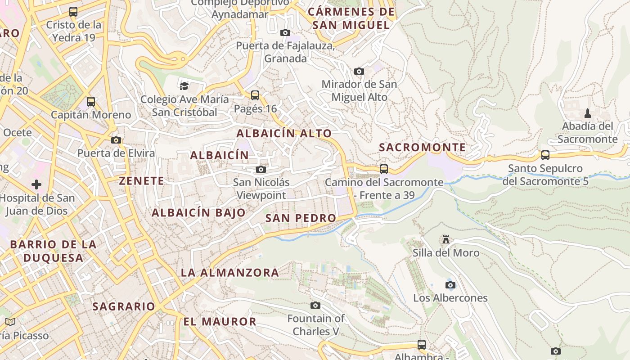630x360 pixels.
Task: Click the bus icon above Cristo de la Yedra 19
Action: tap(73, 12)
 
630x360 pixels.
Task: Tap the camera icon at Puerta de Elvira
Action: tap(116, 140)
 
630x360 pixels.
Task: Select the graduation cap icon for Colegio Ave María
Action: tap(184, 86)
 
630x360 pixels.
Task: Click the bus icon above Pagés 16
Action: tap(255, 95)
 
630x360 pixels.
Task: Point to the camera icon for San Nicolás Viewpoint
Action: tap(261, 169)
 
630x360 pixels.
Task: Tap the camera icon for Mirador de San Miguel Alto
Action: tap(359, 71)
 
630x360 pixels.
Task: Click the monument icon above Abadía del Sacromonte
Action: tap(587, 113)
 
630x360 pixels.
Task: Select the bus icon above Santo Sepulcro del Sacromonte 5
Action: tap(545, 155)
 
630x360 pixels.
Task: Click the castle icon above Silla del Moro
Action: tap(446, 239)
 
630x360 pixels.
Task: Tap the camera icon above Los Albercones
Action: tap(450, 285)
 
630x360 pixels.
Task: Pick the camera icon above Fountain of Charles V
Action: tap(315, 305)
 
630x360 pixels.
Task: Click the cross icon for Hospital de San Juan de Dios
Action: tap(36, 184)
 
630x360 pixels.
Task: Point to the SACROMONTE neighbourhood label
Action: tap(422, 147)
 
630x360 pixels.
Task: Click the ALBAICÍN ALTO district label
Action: tap(284, 133)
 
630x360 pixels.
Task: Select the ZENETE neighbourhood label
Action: tap(141, 181)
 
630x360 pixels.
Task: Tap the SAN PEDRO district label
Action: tap(301, 218)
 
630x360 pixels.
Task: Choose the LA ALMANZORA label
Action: tap(230, 272)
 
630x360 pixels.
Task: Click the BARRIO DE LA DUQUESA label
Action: tap(53, 251)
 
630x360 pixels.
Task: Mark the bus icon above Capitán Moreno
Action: tap(91, 102)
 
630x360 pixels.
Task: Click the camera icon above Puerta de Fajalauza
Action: tap(285, 32)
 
